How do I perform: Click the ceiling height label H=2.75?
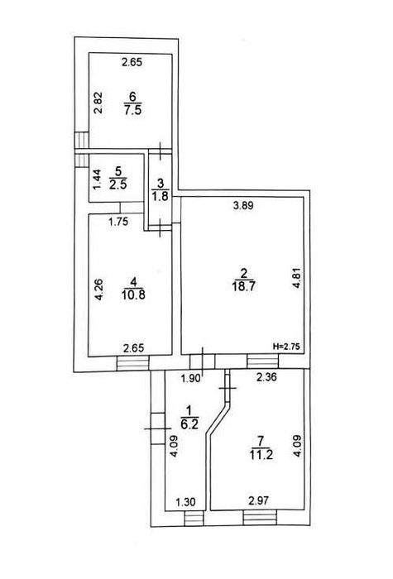point(287,347)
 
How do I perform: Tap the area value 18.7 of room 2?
point(243,286)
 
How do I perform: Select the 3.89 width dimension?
point(243,206)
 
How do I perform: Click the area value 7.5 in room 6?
point(133,110)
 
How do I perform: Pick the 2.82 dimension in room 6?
point(98,103)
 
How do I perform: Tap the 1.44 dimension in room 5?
point(97,179)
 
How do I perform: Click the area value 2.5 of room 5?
point(117,184)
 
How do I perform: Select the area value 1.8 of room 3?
point(160,196)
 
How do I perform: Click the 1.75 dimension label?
point(118,222)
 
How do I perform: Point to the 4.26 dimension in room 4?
point(98,289)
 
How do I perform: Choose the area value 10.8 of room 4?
point(133,294)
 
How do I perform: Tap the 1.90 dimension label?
point(192,378)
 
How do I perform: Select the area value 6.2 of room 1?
point(189,423)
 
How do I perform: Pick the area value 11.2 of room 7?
point(261,455)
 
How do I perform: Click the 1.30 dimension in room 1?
point(185,502)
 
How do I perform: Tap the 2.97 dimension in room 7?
point(258,501)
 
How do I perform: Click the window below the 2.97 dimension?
point(260,517)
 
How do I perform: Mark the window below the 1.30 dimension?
point(194,518)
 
